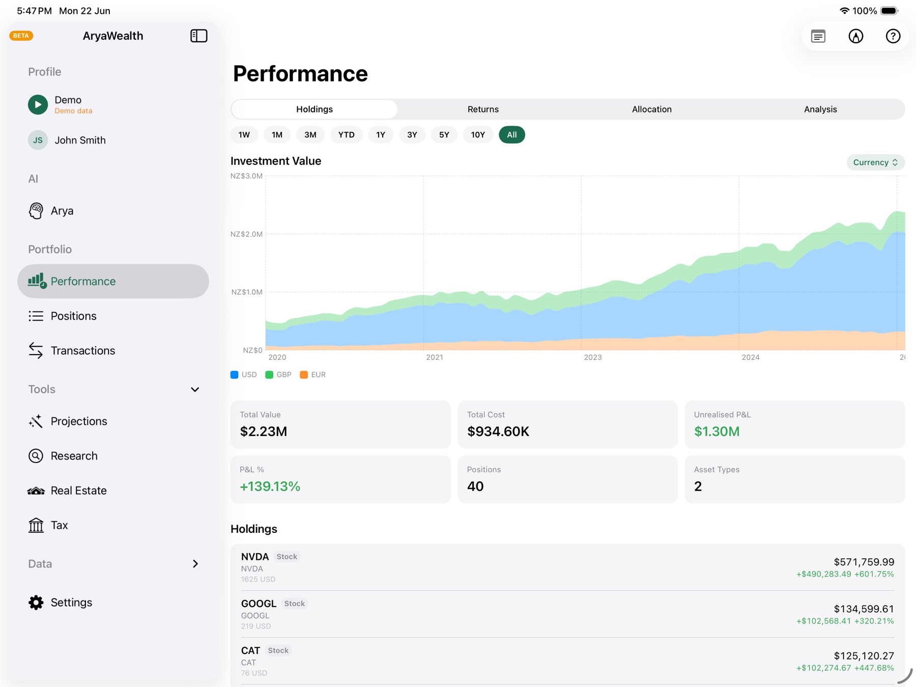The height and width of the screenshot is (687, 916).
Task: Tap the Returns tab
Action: (x=483, y=109)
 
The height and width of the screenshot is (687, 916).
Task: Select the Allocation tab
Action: (x=651, y=109)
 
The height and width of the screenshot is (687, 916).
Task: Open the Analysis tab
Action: (x=820, y=109)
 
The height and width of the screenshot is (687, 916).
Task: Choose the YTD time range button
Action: (x=347, y=135)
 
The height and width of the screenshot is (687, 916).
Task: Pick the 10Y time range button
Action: (x=478, y=135)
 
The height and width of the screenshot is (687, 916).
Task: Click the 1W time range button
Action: (x=244, y=135)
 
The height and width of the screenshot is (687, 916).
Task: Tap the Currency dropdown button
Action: (x=875, y=162)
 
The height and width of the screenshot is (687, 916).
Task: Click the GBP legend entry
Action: (x=278, y=375)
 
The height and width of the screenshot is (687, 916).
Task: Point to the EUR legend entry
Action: (x=313, y=375)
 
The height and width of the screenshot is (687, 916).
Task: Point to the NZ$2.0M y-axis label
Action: (x=246, y=234)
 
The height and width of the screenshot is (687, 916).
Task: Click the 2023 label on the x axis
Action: (x=592, y=357)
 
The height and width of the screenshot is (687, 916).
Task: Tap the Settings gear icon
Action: (x=36, y=603)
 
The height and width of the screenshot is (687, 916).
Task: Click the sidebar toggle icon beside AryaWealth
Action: (x=199, y=36)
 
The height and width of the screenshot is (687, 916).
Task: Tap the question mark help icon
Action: (x=893, y=36)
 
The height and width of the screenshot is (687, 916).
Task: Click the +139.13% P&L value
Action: (x=270, y=486)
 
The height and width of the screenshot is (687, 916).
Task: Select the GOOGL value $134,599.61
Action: (x=864, y=609)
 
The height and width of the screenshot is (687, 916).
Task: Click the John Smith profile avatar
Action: (x=38, y=140)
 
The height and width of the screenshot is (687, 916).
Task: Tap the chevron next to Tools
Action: (x=195, y=389)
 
